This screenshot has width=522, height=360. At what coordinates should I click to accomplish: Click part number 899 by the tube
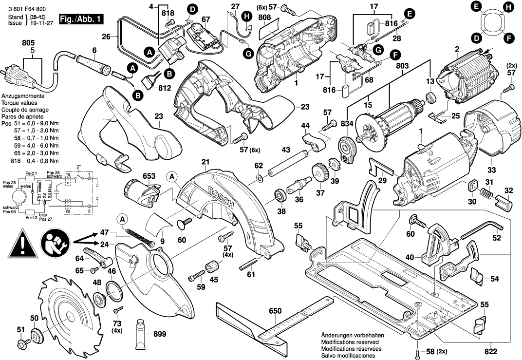coord(159,334)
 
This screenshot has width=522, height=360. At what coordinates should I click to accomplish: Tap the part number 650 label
coord(276,311)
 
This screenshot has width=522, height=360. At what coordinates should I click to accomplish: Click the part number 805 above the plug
coord(29,43)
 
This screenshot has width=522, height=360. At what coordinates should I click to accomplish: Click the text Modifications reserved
coord(351,342)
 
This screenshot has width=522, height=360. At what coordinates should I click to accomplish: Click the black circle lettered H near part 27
coord(247,16)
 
